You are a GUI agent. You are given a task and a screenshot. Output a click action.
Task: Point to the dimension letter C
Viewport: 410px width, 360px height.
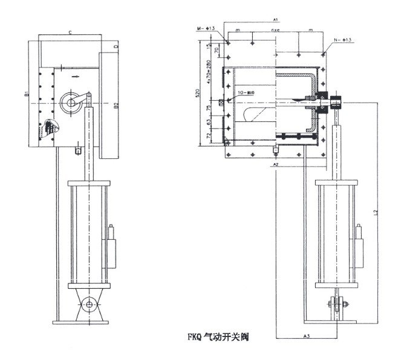[70, 31]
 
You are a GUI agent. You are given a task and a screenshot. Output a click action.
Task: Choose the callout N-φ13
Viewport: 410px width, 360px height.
[343, 39]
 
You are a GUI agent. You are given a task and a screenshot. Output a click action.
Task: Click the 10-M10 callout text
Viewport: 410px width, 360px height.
[246, 92]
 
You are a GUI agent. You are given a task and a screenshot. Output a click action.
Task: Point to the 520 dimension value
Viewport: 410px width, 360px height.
[197, 93]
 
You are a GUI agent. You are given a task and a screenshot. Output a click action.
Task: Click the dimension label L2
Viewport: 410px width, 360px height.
[376, 212]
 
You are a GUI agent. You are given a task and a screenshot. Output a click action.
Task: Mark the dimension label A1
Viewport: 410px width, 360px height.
[275, 19]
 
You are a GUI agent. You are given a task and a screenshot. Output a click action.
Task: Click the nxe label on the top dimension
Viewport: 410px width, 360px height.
[275, 30]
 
